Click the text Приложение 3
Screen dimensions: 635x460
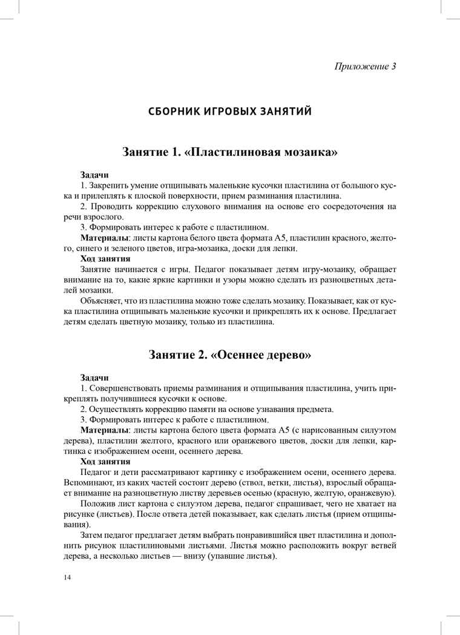pos(365,66)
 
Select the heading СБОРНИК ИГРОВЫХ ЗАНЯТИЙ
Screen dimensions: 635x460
pos(230,111)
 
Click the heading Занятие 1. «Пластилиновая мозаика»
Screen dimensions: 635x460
pos(230,151)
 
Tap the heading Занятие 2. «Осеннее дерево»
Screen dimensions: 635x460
pos(230,355)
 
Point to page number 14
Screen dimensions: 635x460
pos(67,577)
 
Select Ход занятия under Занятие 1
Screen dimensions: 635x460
pos(105,258)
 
